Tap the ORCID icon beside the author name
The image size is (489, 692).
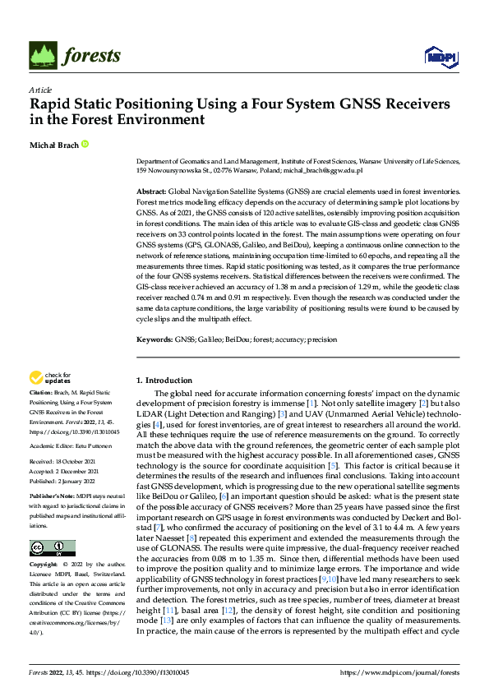click(x=84, y=145)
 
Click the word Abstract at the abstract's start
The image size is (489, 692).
click(x=152, y=190)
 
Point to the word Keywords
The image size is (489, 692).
click(x=155, y=339)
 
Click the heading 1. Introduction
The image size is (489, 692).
click(x=164, y=381)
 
